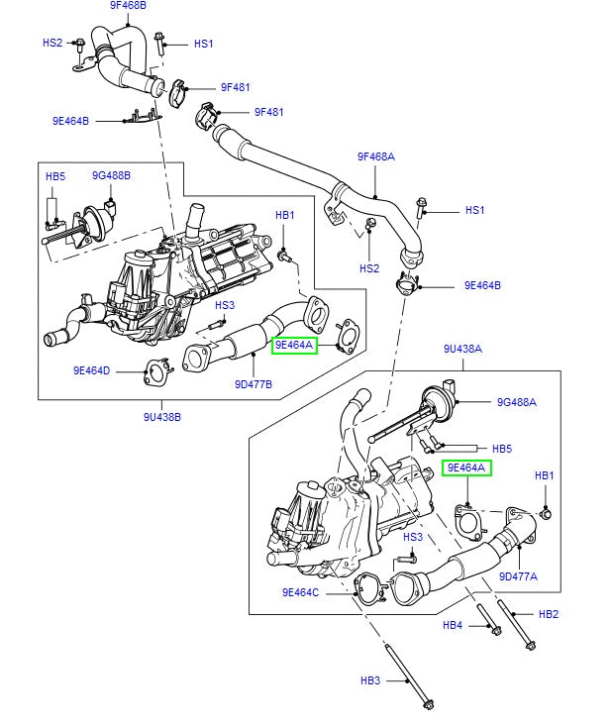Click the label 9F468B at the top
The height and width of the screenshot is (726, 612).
click(x=127, y=6)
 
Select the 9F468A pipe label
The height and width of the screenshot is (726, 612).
click(x=375, y=156)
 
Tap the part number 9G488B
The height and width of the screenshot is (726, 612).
click(x=111, y=175)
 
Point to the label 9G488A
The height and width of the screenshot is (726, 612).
click(x=516, y=402)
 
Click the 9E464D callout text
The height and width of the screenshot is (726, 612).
click(x=92, y=370)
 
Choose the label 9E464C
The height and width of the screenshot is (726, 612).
click(x=300, y=592)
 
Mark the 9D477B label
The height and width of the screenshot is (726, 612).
click(x=254, y=382)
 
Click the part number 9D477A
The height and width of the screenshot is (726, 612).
click(x=518, y=576)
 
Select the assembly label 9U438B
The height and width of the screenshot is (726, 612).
click(x=162, y=417)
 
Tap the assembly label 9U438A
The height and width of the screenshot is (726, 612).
click(x=462, y=349)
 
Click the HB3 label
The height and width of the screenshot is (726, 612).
click(x=369, y=680)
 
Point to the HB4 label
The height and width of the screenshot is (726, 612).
click(x=453, y=625)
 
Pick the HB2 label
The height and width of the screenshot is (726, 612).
click(x=549, y=614)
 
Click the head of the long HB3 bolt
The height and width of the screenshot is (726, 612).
click(x=429, y=704)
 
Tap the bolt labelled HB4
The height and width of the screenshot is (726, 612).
click(x=492, y=626)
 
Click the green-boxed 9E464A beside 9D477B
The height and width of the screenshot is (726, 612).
click(x=294, y=345)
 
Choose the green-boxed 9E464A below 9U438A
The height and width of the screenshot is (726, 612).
click(x=466, y=467)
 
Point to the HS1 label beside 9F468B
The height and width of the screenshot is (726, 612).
click(x=203, y=44)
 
